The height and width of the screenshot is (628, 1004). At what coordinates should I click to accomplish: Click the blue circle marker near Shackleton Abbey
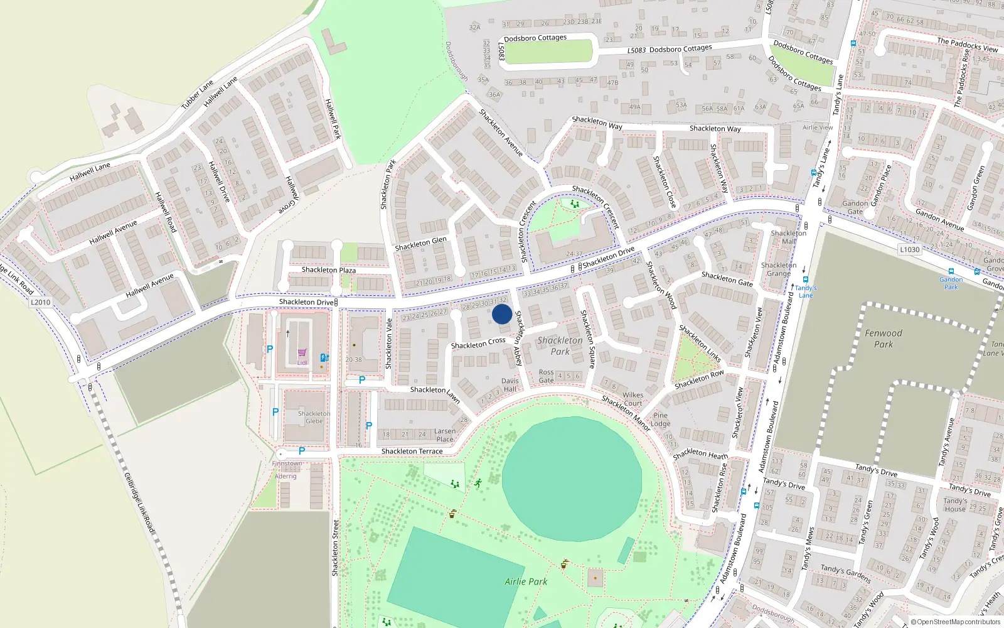[502, 314]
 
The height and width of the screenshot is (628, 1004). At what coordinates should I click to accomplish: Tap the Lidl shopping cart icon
[302, 353]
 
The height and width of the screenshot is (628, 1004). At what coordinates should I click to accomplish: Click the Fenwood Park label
[883, 338]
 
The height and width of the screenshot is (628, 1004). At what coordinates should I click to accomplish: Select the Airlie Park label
[526, 582]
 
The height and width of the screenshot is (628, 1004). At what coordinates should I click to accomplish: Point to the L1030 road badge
[909, 249]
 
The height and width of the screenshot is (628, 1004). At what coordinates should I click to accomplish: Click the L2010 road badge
[40, 302]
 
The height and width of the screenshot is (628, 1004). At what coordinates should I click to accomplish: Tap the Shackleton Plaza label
[328, 270]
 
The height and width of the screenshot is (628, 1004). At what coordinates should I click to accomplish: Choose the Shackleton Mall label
[788, 237]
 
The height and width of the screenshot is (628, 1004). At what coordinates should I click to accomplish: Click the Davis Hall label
[510, 385]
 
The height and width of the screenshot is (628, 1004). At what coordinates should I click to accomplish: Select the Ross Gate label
[546, 376]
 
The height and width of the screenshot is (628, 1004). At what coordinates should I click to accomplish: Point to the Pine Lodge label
[660, 420]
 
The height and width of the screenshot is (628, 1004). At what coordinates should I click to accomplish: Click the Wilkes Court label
[633, 399]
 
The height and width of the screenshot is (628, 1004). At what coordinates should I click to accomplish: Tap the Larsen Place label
[444, 435]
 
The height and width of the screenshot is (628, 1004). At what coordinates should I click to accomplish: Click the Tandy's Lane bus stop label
[806, 291]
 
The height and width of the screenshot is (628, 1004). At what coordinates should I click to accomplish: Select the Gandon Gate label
[855, 207]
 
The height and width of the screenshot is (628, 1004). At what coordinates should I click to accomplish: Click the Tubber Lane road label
[197, 95]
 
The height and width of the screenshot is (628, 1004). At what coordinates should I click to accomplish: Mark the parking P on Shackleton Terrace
[302, 451]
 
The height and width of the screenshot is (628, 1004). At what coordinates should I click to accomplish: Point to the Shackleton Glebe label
[314, 417]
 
